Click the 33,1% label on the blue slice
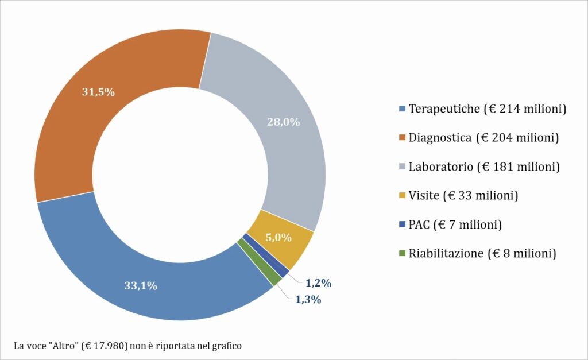[x=141, y=285]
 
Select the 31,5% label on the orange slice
[x=98, y=92]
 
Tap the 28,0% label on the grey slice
[x=284, y=122]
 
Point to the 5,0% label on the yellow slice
[x=278, y=237]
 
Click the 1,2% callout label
[x=318, y=282]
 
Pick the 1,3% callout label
[x=308, y=299]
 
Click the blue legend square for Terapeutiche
[x=402, y=109]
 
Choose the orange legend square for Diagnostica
[x=402, y=138]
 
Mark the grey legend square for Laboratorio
[x=402, y=167]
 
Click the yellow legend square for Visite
[x=402, y=196]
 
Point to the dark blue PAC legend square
[x=402, y=224]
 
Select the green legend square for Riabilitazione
[x=402, y=253]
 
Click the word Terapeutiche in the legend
[x=444, y=109]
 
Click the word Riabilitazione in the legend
[x=446, y=253]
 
